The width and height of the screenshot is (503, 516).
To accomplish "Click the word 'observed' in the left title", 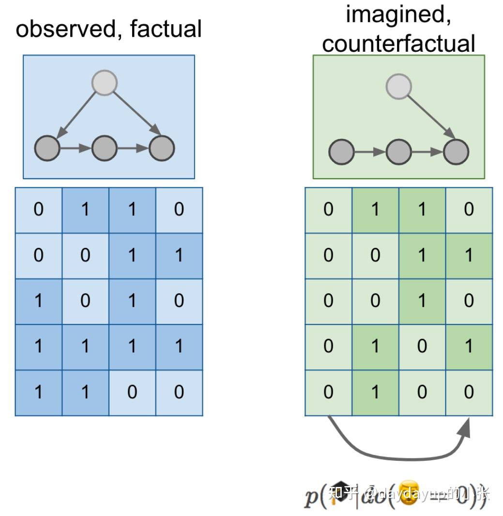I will click(69, 29).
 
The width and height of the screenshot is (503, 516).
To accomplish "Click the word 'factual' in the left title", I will click(166, 29).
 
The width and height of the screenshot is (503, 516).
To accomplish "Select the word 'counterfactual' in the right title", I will click(398, 44).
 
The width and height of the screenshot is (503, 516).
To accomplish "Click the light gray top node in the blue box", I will click(105, 83).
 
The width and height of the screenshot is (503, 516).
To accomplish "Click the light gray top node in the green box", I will click(398, 87).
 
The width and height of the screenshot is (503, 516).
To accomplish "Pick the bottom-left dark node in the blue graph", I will click(47, 148).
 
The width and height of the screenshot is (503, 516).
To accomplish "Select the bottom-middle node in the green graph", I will click(399, 152).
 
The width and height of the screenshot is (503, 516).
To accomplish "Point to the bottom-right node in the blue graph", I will click(162, 148).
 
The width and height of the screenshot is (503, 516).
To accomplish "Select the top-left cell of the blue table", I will click(38, 210).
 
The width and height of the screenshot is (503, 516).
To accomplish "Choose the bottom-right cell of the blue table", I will click(179, 393).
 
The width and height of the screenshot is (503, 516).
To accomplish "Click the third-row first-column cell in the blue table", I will click(38, 301).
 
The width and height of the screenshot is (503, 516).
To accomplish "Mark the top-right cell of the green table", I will click(469, 210).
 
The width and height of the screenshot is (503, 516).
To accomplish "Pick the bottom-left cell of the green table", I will click(328, 393).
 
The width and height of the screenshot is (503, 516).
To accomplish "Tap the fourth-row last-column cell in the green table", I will click(469, 347).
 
